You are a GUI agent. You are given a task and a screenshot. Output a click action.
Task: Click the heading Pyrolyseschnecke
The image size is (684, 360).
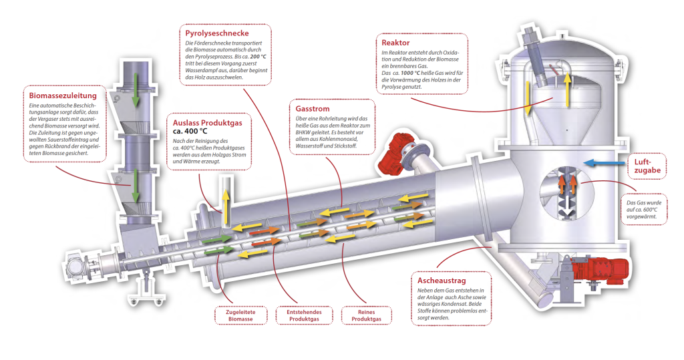click(x=217, y=33)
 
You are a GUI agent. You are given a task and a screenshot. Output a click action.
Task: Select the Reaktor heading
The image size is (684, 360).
click(x=395, y=42)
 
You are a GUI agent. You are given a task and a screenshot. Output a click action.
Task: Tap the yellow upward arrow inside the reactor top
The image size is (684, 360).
click(x=566, y=89)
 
